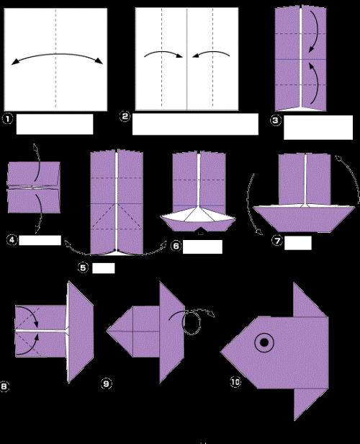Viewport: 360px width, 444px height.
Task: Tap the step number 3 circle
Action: pos(276,120)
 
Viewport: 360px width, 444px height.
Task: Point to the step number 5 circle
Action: pos(84,268)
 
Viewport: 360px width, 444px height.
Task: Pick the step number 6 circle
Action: pos(174,246)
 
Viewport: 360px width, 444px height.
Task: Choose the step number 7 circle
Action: pos(276,241)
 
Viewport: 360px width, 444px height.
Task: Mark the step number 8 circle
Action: pos(6,387)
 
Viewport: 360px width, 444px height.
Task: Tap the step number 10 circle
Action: pos(235,382)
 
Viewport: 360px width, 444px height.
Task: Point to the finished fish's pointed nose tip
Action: pos(221,351)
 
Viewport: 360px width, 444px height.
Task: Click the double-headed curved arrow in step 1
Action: pos(55,59)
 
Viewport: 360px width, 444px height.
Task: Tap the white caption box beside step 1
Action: pos(55,124)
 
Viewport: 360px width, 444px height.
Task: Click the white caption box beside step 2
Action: pos(195,124)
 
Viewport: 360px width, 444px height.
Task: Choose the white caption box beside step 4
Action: pos(39,240)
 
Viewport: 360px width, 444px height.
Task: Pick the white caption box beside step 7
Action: pos(298,241)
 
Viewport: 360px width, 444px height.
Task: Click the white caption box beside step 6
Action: pos(202,247)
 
